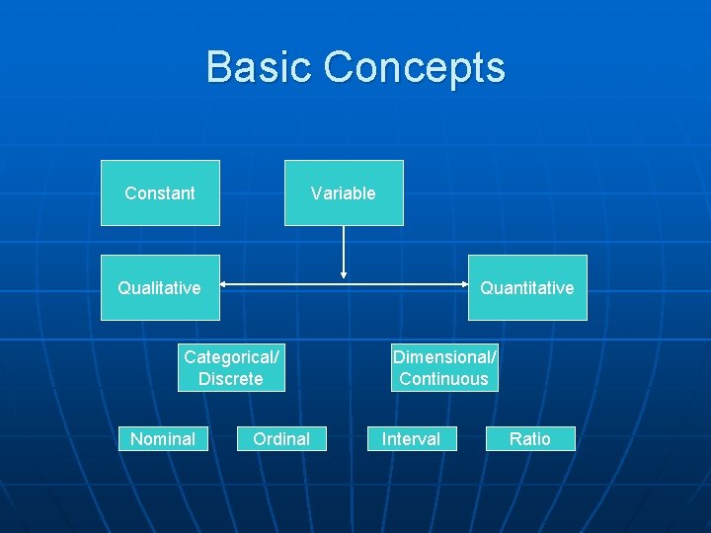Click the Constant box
160,193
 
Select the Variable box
344,193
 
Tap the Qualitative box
160,288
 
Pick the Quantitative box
527,288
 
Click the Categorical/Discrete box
231,367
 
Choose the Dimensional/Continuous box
444,367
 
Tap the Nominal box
163,438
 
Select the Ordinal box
281,438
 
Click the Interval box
412,438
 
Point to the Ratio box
530,438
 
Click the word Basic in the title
259,67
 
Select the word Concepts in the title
415,67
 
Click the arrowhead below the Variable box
344,273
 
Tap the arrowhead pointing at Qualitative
224,287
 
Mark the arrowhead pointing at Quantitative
463,287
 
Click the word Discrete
231,379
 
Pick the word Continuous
444,379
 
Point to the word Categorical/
231,356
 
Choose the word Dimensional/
444,356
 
